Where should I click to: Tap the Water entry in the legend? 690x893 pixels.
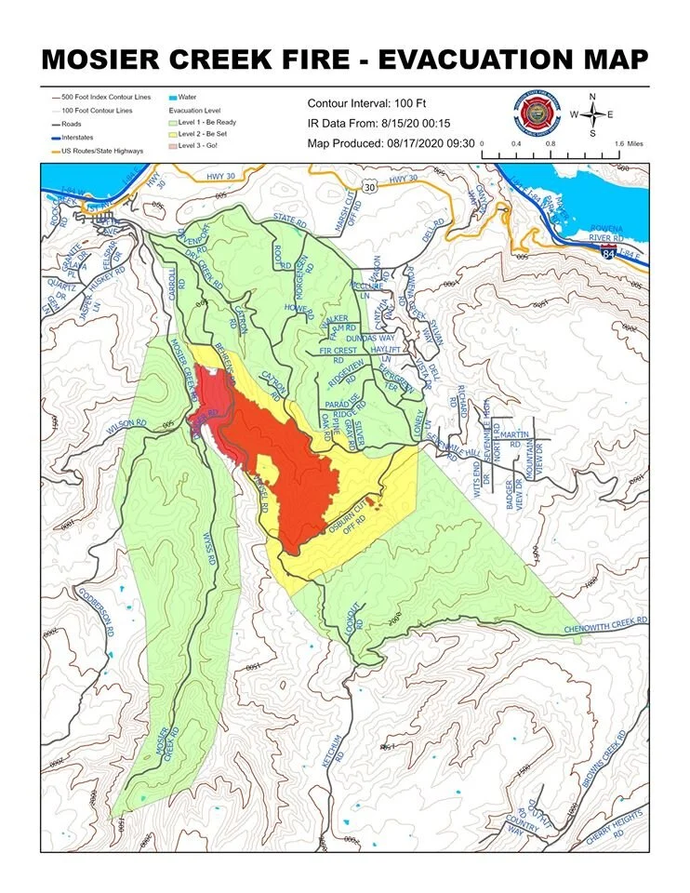[186, 97]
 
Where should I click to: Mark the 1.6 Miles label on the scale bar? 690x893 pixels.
[630, 144]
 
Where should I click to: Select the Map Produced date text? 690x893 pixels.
[391, 143]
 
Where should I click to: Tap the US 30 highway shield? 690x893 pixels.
[370, 187]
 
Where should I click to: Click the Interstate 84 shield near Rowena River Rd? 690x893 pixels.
[634, 252]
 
